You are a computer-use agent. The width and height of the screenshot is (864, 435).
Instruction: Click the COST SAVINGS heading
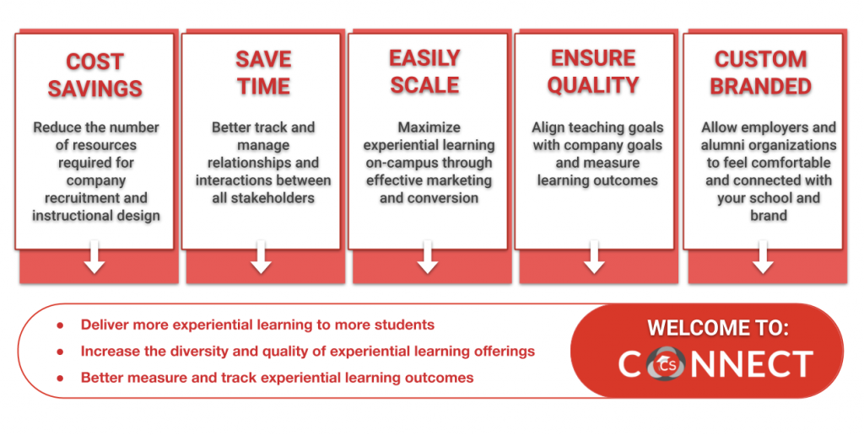click(x=94, y=75)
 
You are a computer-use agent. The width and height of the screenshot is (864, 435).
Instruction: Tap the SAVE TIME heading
click(x=263, y=72)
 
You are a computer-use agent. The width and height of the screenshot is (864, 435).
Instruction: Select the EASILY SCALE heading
click(x=425, y=72)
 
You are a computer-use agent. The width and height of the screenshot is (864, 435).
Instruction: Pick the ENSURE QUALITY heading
click(x=593, y=72)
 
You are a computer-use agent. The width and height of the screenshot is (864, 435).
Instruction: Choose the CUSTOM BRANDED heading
click(x=760, y=72)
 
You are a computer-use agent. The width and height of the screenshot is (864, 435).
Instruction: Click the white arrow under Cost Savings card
click(x=94, y=256)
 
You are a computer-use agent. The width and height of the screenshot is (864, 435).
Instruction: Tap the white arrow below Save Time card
click(x=261, y=256)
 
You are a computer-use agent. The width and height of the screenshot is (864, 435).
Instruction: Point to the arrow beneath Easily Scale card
click(x=428, y=256)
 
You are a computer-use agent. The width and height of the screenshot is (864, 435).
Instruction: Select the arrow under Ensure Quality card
click(x=594, y=256)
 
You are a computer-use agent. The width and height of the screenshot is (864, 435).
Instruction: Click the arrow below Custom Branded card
click(x=763, y=256)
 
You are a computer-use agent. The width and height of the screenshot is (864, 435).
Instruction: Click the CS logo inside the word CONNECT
click(x=666, y=364)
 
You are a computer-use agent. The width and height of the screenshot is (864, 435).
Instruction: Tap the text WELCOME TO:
click(x=718, y=328)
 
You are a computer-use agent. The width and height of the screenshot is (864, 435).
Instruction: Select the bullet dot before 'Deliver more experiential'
click(x=60, y=325)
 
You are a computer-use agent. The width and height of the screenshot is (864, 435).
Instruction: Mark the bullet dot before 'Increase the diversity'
click(x=60, y=352)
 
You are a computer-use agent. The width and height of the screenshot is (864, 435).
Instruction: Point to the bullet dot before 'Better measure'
click(x=60, y=379)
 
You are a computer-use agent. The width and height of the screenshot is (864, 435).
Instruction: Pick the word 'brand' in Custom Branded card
click(x=768, y=215)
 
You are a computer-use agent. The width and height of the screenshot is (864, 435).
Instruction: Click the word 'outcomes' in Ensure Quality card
click(x=629, y=180)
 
